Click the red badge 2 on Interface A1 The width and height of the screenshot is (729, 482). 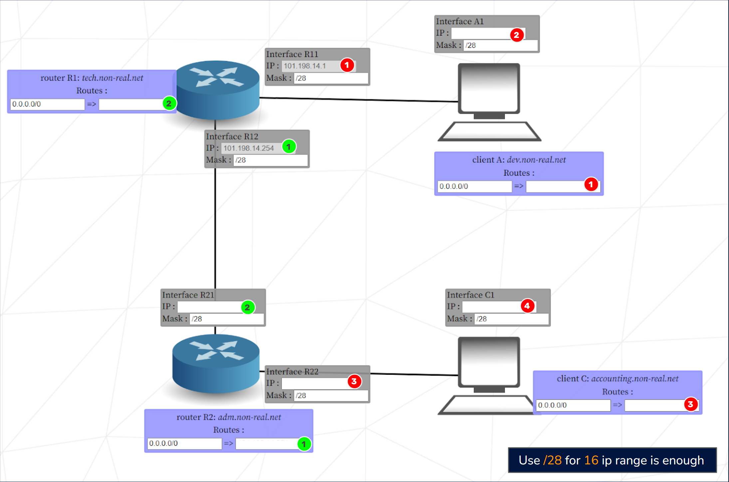516,35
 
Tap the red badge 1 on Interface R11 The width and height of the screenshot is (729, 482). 347,65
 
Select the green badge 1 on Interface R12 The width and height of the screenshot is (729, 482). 289,146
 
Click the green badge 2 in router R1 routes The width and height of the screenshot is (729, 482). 169,103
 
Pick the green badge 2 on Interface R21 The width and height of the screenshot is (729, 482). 247,307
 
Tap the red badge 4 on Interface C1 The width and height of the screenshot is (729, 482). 527,306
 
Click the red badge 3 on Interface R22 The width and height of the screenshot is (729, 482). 354,381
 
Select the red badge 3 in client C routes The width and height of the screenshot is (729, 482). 690,404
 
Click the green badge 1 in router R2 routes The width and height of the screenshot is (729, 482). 304,444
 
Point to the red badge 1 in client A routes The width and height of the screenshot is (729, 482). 591,184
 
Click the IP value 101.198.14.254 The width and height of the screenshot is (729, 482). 249,148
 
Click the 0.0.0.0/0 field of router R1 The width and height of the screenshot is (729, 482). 47,104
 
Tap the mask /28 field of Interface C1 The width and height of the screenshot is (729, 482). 511,319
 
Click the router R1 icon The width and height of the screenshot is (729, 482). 217,90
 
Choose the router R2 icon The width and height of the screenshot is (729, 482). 216,364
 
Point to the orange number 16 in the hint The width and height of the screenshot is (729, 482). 591,460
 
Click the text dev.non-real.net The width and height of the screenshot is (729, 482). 536,160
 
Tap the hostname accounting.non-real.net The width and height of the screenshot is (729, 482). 634,379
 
